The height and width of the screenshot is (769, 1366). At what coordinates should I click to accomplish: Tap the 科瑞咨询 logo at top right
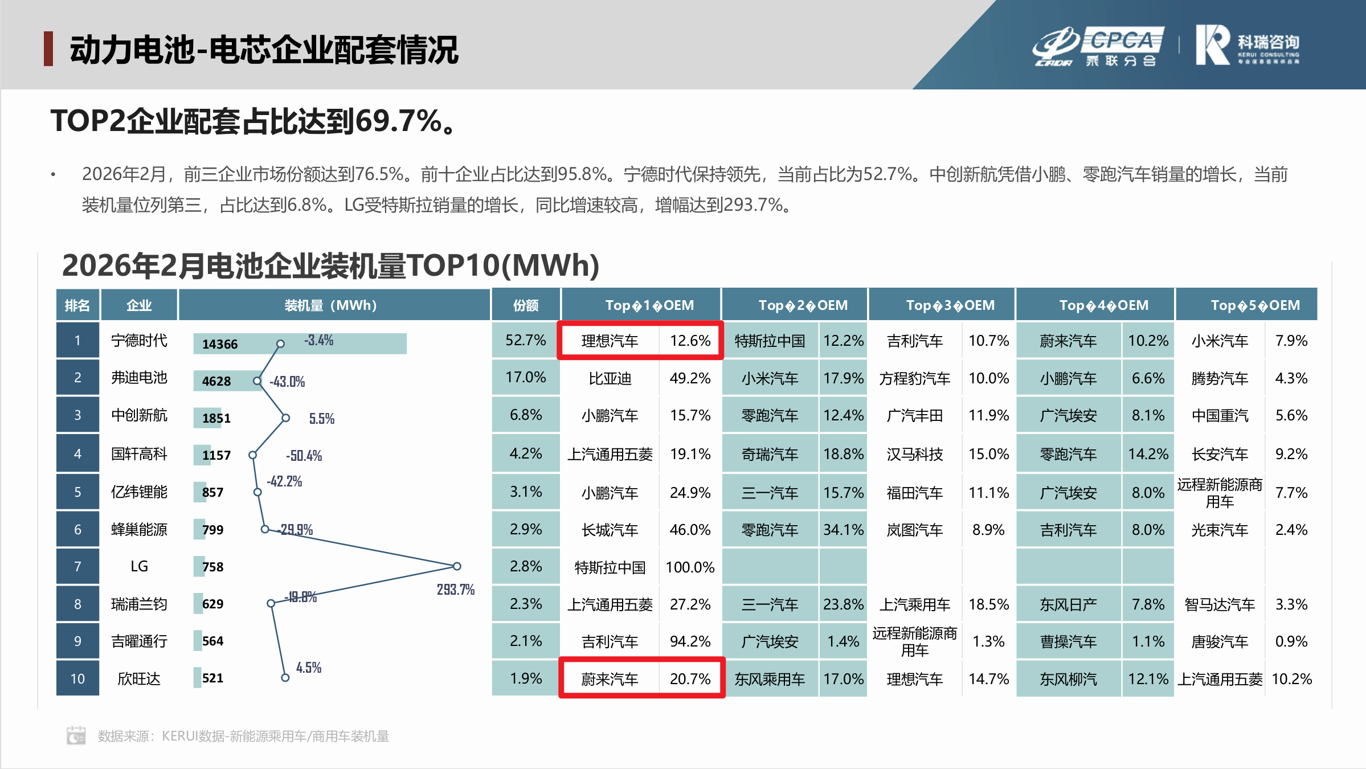point(1247,45)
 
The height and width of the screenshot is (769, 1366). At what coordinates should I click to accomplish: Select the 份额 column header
point(525,305)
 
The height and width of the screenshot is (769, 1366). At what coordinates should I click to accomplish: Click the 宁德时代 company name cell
point(139,341)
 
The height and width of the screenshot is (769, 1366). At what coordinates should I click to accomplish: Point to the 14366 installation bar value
point(220,344)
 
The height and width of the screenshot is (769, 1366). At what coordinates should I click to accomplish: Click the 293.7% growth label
point(455,590)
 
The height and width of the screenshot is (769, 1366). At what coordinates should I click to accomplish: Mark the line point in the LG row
point(457,566)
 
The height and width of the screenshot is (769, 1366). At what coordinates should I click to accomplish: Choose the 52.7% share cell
point(525,341)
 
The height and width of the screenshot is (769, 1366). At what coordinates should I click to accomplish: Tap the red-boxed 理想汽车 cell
point(610,341)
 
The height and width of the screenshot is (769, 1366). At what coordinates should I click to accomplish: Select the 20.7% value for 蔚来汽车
point(690,678)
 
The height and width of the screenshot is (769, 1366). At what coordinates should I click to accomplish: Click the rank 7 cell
point(77,567)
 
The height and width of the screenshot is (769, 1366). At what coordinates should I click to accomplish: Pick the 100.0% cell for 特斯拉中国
point(690,567)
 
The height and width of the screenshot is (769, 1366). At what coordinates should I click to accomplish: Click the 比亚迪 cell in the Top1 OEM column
point(610,378)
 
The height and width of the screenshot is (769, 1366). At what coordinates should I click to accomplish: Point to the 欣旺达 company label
point(139,678)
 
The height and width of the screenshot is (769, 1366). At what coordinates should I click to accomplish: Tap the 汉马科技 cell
point(914,454)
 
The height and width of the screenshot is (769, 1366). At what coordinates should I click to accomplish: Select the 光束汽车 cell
point(1220,530)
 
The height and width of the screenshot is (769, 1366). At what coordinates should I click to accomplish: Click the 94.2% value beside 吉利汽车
point(690,641)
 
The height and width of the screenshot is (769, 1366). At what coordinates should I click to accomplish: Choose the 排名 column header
point(77,305)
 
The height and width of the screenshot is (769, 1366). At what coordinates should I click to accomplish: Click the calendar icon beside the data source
point(76,735)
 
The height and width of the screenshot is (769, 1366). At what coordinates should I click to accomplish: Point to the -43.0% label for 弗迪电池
point(287,382)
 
